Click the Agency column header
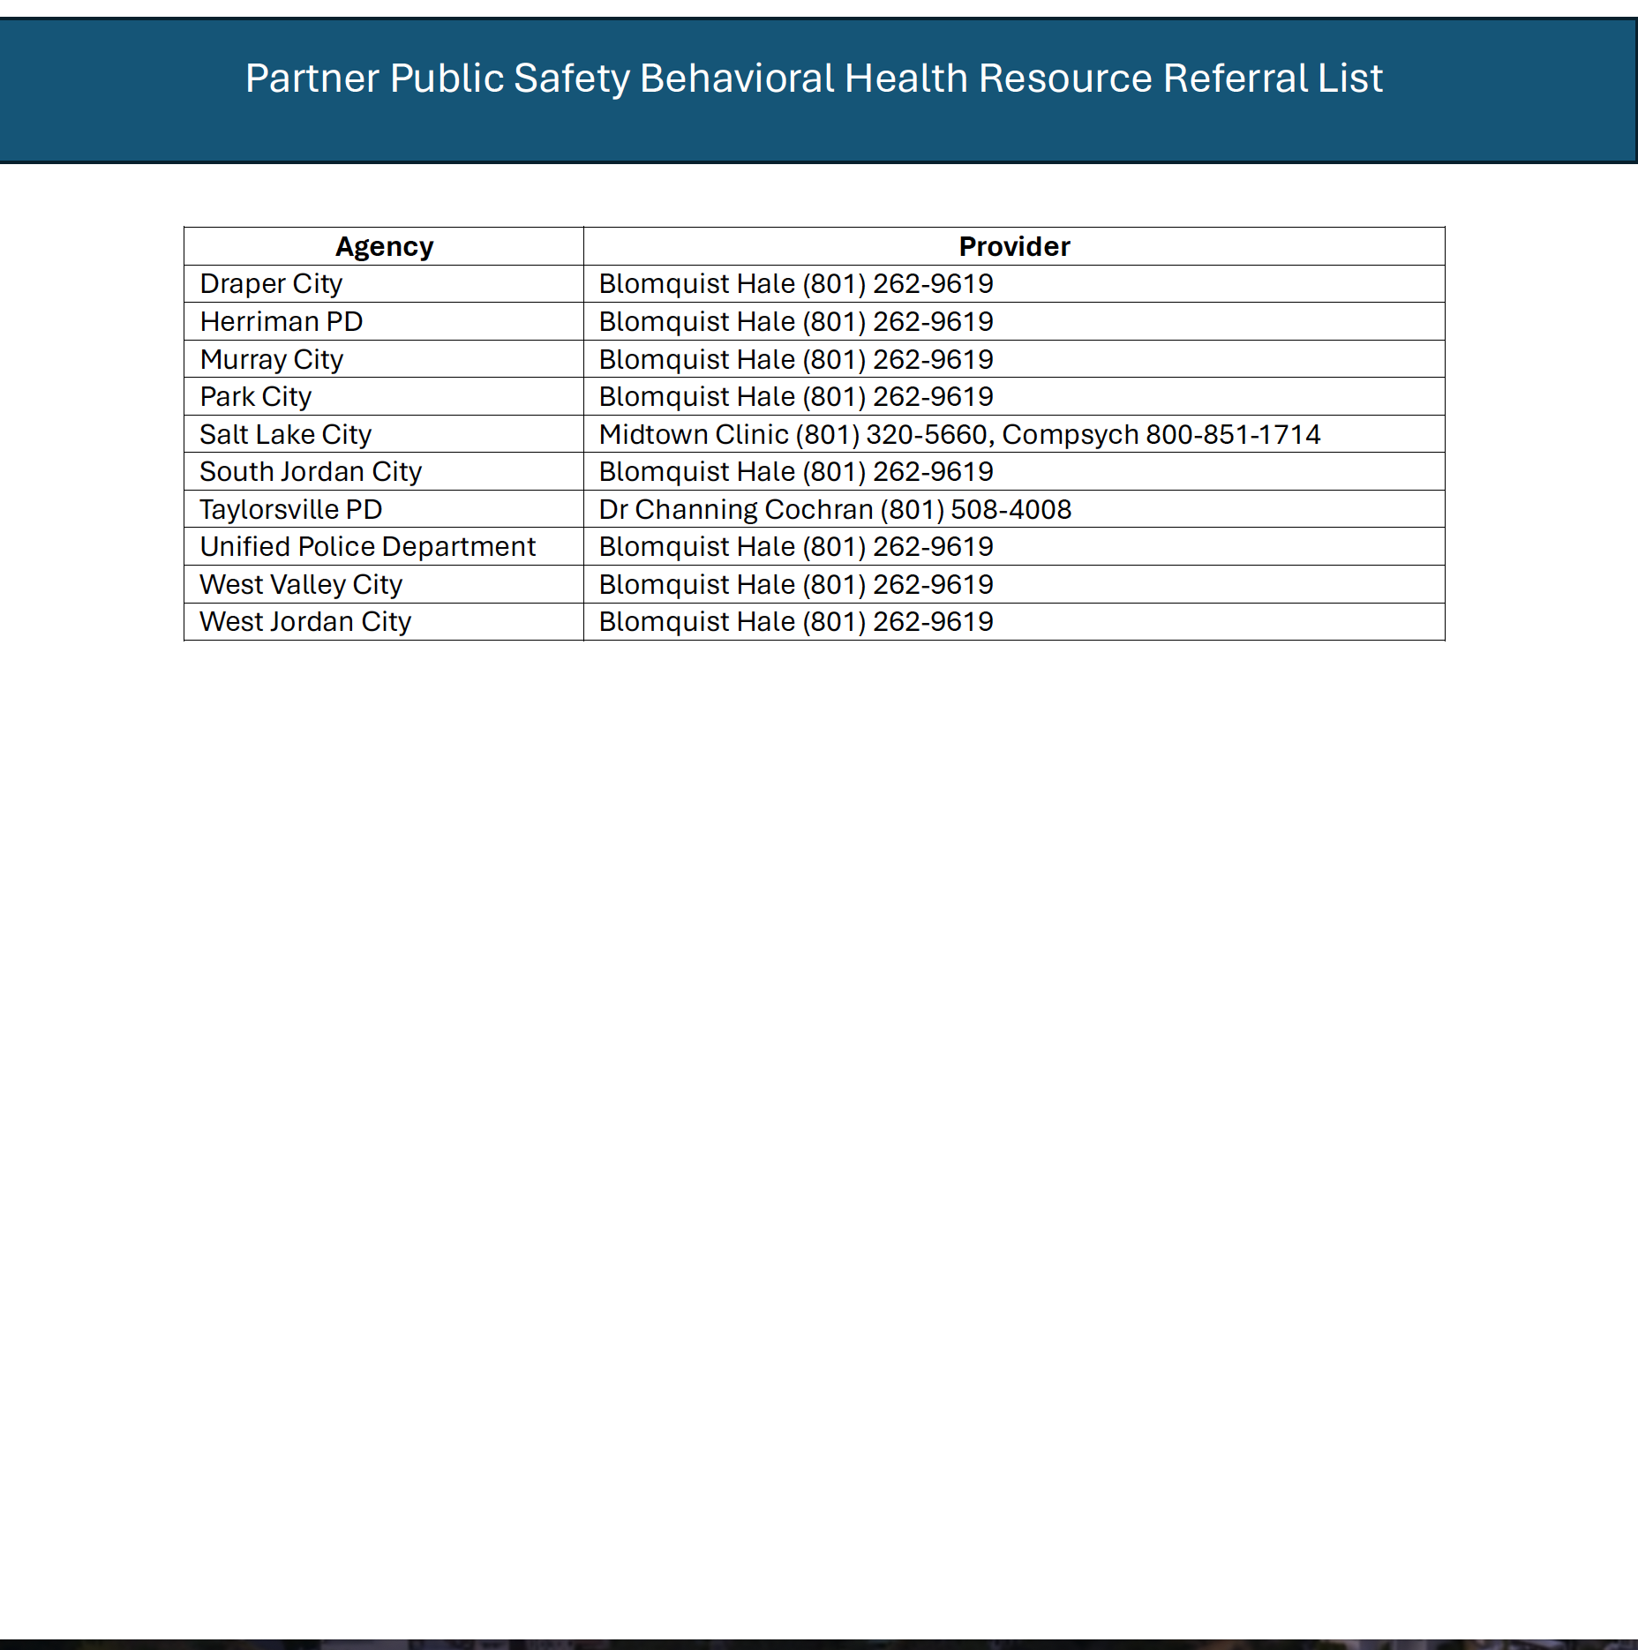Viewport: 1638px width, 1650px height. click(384, 246)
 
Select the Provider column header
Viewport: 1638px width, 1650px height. click(1014, 246)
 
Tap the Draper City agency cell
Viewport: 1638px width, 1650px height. click(271, 284)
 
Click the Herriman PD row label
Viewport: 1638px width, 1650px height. click(282, 322)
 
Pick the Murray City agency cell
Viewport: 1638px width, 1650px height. click(271, 360)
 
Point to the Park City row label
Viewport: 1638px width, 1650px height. click(256, 397)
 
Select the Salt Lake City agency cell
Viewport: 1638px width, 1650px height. click(285, 435)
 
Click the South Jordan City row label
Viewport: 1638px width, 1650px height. click(311, 472)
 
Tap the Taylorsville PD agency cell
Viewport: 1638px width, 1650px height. click(290, 510)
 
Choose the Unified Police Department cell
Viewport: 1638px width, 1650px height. click(367, 547)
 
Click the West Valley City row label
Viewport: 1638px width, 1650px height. click(301, 585)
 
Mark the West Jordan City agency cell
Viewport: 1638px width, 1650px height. click(305, 622)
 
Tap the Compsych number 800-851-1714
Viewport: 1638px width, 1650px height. click(1233, 435)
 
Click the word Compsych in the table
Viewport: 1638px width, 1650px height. click(1070, 435)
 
